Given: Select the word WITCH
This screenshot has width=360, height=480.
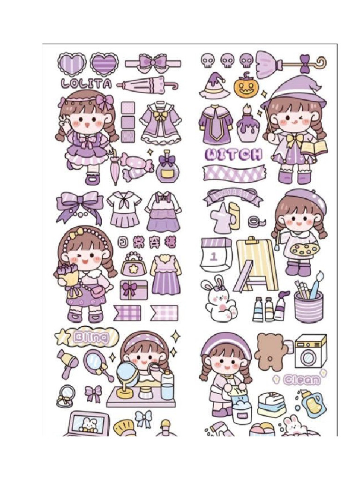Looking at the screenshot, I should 234,155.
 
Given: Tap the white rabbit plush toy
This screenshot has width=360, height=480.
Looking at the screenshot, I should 218,300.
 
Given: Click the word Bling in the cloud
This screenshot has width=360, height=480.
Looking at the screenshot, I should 91,337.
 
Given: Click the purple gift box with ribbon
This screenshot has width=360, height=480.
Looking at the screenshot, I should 133,290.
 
